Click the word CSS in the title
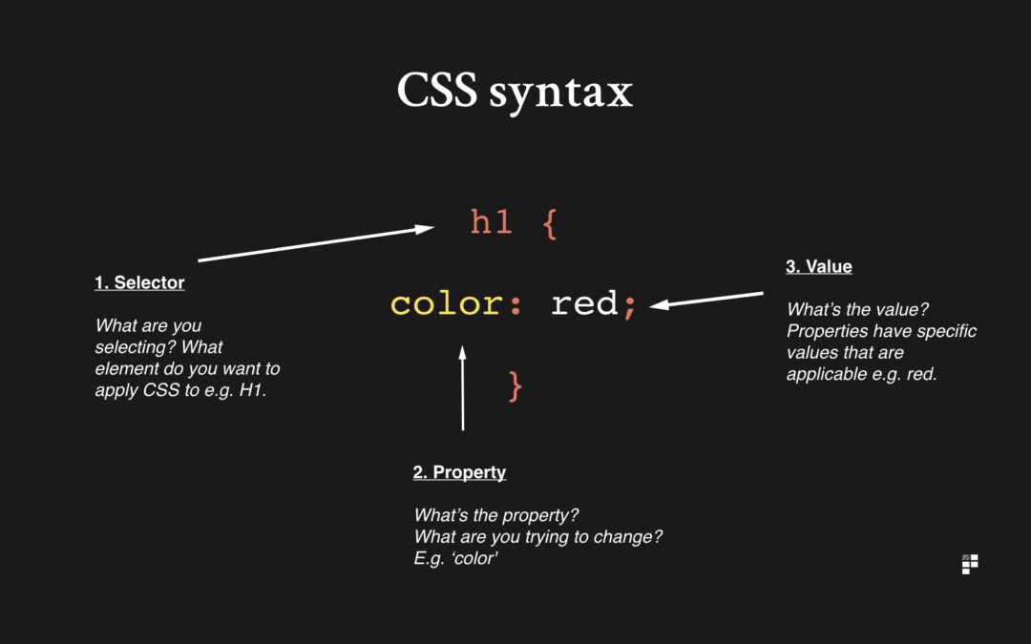pyautogui.click(x=436, y=90)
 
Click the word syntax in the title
pyautogui.click(x=561, y=93)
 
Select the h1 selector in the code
pyautogui.click(x=492, y=221)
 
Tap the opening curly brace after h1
pyautogui.click(x=551, y=224)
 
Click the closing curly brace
pyautogui.click(x=515, y=385)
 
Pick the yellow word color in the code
pyautogui.click(x=447, y=304)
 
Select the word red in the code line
pyautogui.click(x=584, y=303)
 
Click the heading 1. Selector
pyautogui.click(x=139, y=282)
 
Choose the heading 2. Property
pyautogui.click(x=459, y=472)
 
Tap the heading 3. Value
pyautogui.click(x=819, y=266)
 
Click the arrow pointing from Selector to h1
pyautogui.click(x=316, y=244)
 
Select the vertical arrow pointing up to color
pyautogui.click(x=463, y=387)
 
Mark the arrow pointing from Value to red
pyautogui.click(x=706, y=300)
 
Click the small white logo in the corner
pyautogui.click(x=970, y=564)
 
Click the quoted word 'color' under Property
pyautogui.click(x=474, y=558)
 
